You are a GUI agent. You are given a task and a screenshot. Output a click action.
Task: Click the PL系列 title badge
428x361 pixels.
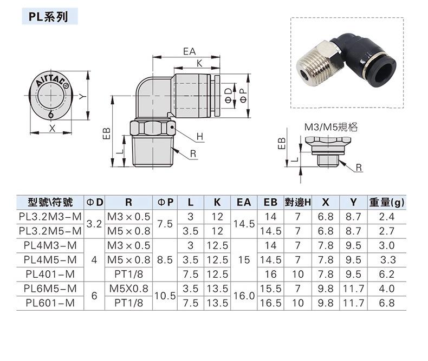[x=49, y=17]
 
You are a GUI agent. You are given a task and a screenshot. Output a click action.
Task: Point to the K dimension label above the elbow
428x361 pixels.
[x=199, y=63]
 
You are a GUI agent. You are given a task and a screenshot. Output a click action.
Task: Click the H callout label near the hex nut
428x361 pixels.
[x=200, y=136]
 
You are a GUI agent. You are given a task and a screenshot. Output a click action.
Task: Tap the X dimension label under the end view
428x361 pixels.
[x=52, y=129]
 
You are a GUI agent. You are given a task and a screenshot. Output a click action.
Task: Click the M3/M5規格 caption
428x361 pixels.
[x=331, y=128]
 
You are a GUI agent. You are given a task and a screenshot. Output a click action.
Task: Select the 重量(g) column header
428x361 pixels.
[x=387, y=203]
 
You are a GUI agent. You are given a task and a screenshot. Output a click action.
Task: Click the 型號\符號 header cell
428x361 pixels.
[x=49, y=203]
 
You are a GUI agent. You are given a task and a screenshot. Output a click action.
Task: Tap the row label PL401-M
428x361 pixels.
[x=50, y=275]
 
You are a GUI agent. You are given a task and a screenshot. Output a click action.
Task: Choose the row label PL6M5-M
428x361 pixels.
[x=50, y=289]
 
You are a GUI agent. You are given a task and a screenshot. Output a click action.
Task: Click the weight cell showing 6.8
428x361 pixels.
[x=387, y=304]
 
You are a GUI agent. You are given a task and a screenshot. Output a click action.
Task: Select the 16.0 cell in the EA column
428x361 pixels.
[x=244, y=296]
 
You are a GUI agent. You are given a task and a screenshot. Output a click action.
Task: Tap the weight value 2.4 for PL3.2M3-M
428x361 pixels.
[x=387, y=217]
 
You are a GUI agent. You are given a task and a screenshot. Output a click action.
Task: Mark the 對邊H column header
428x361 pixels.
[x=297, y=203]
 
